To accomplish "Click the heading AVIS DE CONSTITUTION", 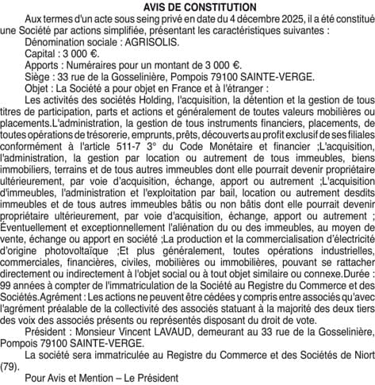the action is click(x=187, y=6).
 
